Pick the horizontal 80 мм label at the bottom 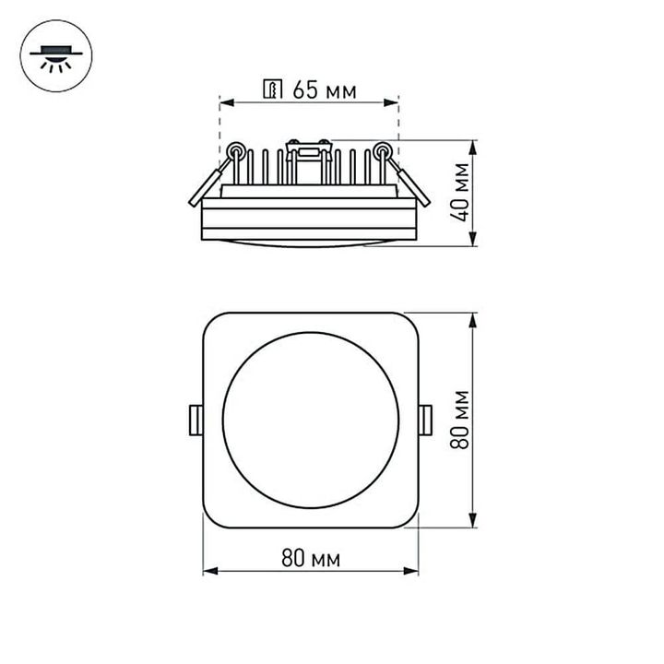[x=311, y=559]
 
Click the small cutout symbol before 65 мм [x=273, y=89]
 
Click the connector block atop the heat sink [x=309, y=146]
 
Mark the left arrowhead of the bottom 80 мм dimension [x=207, y=571]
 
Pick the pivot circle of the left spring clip [x=235, y=149]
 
